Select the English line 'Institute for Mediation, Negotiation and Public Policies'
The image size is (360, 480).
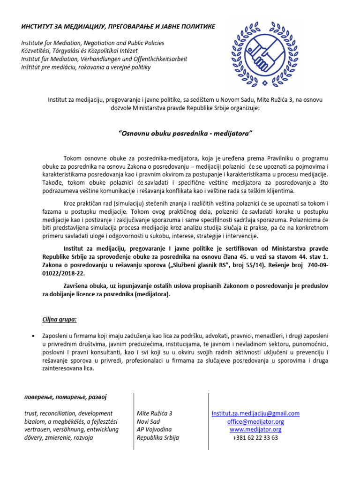(x=92, y=43)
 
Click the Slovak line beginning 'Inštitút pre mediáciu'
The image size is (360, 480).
(x=85, y=67)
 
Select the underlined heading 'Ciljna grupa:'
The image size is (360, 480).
(x=60, y=319)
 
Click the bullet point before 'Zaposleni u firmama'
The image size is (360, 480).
(x=32, y=337)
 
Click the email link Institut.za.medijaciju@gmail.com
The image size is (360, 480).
(x=255, y=413)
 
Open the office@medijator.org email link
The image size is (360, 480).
(x=255, y=421)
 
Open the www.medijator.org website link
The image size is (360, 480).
(x=255, y=429)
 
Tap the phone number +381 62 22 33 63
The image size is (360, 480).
(x=255, y=437)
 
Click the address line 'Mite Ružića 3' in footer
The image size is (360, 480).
(x=154, y=413)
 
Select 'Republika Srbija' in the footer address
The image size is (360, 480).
(x=157, y=437)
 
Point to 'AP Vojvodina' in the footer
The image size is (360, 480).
(x=154, y=429)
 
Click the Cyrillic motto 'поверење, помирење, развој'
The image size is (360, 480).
(x=65, y=397)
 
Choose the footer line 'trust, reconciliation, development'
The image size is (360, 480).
(x=68, y=413)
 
